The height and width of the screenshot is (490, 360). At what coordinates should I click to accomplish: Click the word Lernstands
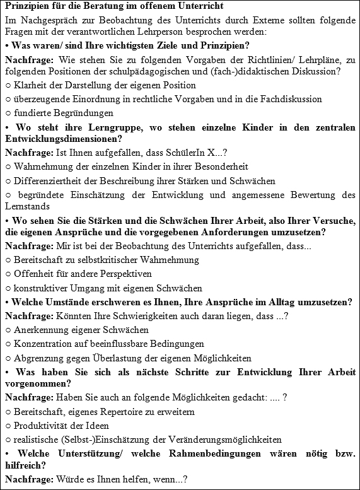26,206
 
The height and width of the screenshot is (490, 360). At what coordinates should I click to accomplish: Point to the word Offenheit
33,274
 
